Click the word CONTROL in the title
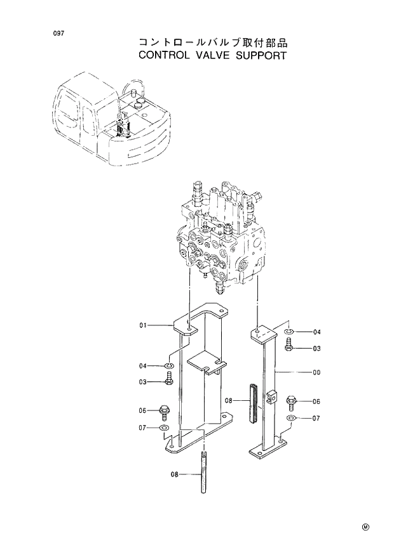click(163, 55)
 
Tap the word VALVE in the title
click(215, 55)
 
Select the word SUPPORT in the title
click(263, 55)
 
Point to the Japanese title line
click(213, 42)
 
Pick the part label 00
click(316, 373)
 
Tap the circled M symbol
click(365, 527)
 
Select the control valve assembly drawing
click(222, 238)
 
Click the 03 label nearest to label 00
click(316, 348)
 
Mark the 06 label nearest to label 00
click(316, 401)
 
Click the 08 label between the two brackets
click(229, 401)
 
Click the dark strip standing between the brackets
click(255, 403)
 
